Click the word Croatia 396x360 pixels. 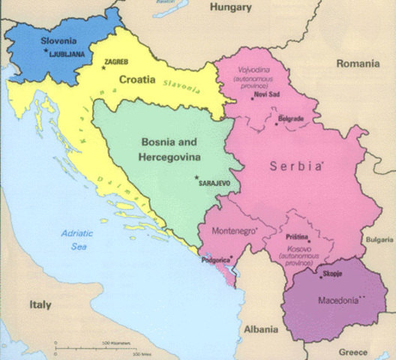coord(137,79)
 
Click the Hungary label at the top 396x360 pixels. coord(231,7)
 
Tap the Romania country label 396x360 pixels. coord(358,64)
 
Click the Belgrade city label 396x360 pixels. coord(289,119)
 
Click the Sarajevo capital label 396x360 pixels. coord(211,182)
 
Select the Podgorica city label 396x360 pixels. coord(217,260)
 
